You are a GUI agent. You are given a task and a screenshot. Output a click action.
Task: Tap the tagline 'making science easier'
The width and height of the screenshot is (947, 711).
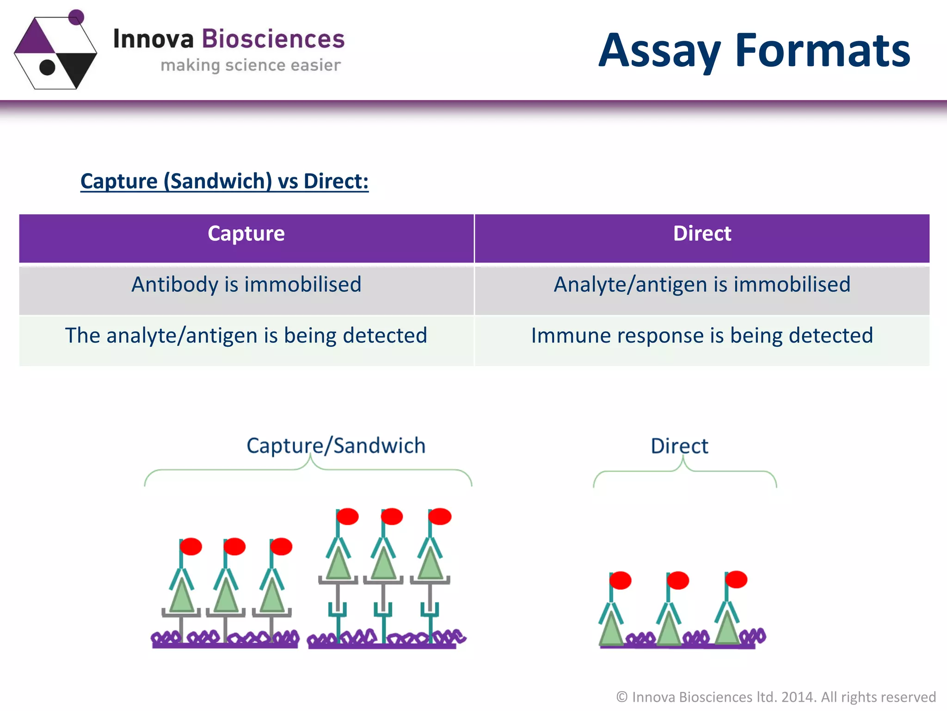coord(250,65)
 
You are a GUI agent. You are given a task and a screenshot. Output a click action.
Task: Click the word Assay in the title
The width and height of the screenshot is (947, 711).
coord(659,51)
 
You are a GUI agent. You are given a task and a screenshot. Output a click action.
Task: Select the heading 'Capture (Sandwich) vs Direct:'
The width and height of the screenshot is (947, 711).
coord(224,181)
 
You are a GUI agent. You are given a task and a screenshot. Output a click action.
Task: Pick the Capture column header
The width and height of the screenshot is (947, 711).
coord(246,234)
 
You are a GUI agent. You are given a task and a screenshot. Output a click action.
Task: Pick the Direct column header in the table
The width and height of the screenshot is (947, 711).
coord(701,234)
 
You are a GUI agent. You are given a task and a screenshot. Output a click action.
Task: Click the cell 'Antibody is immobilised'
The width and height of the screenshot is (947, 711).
coord(246,285)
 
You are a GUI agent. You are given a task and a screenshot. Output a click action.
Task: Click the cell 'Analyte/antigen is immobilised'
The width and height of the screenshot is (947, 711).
coord(701,285)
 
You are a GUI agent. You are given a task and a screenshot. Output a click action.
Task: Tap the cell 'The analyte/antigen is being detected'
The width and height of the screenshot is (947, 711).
coord(246,336)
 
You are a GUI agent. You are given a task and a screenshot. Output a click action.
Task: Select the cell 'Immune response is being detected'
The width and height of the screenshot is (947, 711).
coord(701,336)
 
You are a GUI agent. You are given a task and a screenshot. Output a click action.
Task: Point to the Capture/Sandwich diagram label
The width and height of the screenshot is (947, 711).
coord(336,446)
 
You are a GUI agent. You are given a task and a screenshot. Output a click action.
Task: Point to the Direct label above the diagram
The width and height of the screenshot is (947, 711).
coord(679,446)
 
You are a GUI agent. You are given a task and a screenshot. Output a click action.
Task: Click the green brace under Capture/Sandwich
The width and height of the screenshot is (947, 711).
coord(308,470)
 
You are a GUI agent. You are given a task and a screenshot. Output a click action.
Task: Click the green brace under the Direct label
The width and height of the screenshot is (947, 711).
coord(684,472)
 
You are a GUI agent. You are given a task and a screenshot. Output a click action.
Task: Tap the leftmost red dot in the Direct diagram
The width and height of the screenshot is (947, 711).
coord(620,580)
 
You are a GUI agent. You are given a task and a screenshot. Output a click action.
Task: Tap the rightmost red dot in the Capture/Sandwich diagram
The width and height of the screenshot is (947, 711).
coord(440,516)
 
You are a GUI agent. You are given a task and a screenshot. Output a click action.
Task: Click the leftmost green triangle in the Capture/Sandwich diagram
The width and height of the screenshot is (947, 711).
coord(181,597)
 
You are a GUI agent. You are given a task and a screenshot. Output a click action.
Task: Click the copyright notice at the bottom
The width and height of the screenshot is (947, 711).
coord(775,697)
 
